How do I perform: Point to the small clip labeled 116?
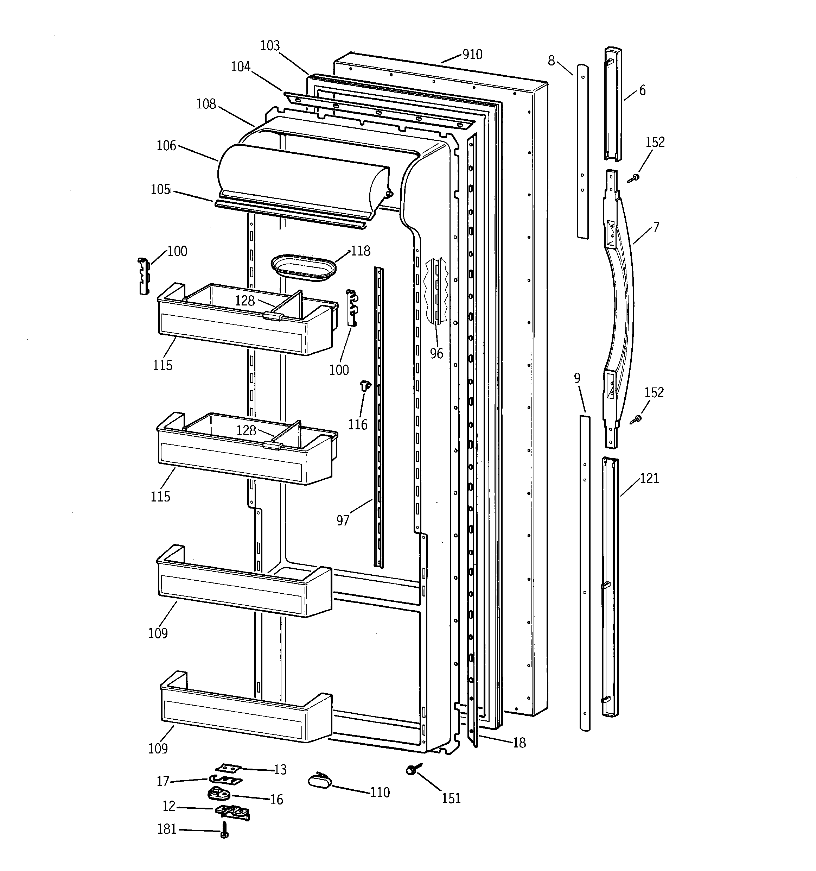pos(365,386)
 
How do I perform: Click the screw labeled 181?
pos(224,830)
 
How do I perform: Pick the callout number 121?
pos(649,479)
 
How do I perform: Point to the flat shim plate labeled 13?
pos(229,769)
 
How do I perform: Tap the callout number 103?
pos(270,45)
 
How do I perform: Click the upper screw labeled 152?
pos(633,177)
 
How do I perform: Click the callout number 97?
pos(343,520)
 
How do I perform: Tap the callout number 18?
pos(519,743)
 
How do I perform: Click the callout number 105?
pos(160,189)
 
